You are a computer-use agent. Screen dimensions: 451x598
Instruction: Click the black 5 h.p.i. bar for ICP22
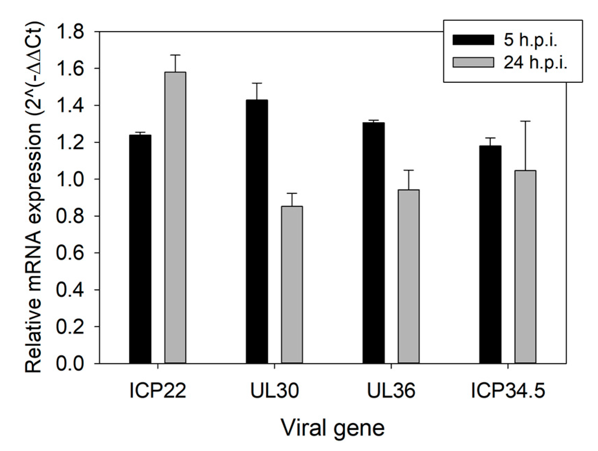click(140, 248)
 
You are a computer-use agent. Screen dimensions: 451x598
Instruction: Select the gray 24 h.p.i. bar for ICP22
click(175, 217)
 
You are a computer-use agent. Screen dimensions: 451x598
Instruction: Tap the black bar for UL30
click(257, 231)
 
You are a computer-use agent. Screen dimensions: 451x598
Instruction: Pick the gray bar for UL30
click(292, 285)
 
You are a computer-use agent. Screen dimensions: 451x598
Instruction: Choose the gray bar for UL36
click(408, 276)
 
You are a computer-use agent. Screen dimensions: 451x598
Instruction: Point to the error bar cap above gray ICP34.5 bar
click(525, 121)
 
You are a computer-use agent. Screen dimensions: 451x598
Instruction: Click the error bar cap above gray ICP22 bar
click(175, 55)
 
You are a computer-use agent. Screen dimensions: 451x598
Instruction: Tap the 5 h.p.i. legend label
click(530, 40)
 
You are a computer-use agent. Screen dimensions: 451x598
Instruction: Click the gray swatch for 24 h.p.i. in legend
click(473, 62)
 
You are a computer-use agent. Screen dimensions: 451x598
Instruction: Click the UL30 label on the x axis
click(274, 391)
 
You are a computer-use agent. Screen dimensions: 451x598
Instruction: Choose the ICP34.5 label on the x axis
click(508, 391)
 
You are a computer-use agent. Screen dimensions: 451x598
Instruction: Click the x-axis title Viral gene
click(332, 428)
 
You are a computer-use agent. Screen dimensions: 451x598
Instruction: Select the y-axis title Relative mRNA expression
click(34, 197)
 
